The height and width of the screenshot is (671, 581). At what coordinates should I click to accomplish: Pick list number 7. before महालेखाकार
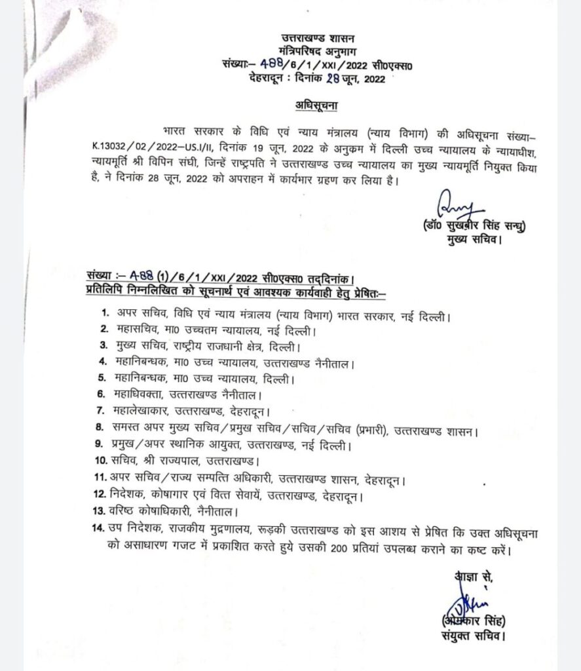pos(102,411)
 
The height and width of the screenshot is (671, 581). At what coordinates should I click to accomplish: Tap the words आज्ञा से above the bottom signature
pos(473,576)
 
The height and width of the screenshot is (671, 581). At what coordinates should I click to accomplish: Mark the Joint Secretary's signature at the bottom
pos(464,602)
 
